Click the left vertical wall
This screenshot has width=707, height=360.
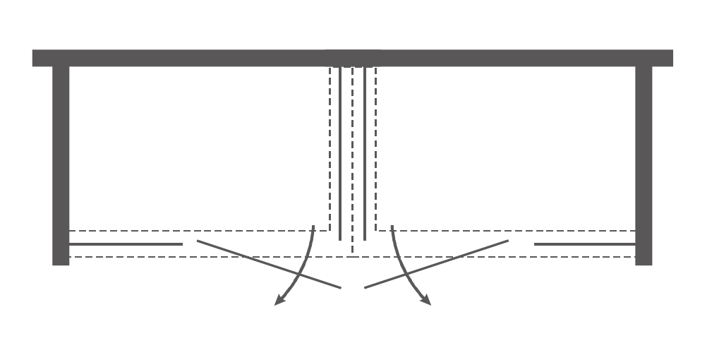[x=61, y=162]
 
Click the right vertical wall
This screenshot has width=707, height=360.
[x=643, y=162]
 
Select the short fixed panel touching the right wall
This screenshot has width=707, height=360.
[x=585, y=244]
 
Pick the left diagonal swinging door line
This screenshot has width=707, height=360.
[x=268, y=264]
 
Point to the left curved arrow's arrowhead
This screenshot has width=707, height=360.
[x=279, y=301]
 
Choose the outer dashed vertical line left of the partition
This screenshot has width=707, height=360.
[x=330, y=148]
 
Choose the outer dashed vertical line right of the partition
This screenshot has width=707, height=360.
[x=376, y=148]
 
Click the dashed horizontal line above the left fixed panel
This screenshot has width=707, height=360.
[x=198, y=231]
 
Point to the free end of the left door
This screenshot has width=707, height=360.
[x=341, y=287]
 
